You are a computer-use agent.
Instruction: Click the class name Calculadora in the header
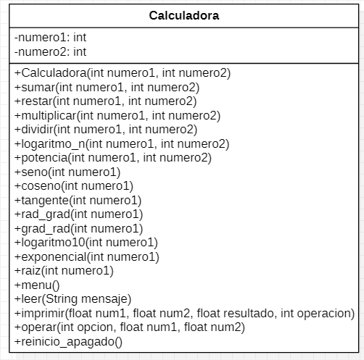[x=184, y=15]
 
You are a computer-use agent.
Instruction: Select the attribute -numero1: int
[x=50, y=37]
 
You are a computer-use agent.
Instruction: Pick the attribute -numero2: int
[x=50, y=51]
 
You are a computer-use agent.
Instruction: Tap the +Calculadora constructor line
[x=122, y=72]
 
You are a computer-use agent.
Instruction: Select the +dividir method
[x=105, y=129]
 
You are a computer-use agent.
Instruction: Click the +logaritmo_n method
[x=121, y=143]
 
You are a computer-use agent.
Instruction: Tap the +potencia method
[x=112, y=157]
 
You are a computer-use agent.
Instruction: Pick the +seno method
[x=67, y=172]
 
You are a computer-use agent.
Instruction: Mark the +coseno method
[x=73, y=185]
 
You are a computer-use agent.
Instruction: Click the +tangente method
[x=78, y=200]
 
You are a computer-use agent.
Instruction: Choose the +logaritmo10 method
[x=86, y=242]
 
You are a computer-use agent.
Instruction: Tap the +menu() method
[x=37, y=285]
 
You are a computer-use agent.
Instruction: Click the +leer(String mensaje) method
[x=73, y=298]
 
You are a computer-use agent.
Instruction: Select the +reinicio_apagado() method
[x=68, y=341]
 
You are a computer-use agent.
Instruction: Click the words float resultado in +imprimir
[x=246, y=313]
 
